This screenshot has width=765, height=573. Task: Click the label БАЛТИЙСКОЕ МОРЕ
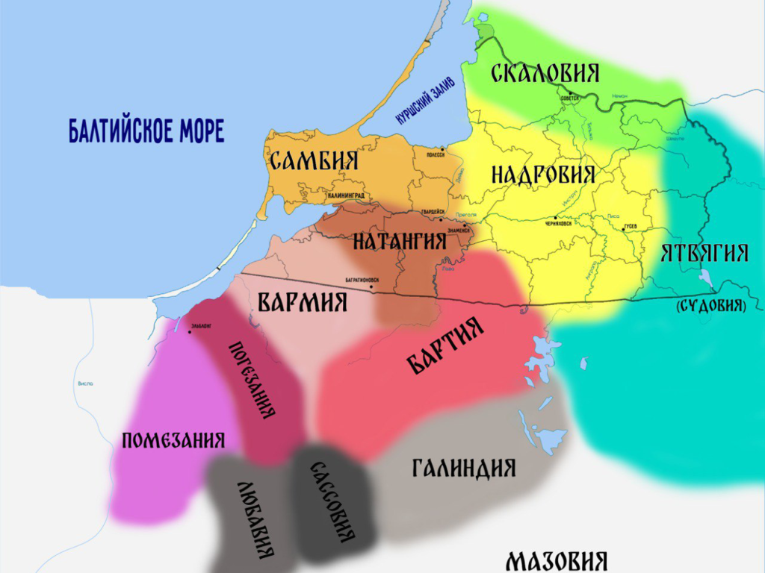click(x=146, y=131)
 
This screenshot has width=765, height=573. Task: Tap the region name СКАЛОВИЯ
click(x=545, y=73)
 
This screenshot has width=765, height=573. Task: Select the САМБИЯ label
click(x=315, y=160)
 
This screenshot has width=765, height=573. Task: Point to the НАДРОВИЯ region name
click(x=543, y=175)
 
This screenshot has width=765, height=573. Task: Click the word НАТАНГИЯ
click(x=399, y=241)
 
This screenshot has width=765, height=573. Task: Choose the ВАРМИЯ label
click(x=303, y=302)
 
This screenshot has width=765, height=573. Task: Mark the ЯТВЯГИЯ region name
click(x=704, y=254)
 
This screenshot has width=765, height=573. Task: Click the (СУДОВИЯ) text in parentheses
click(x=710, y=305)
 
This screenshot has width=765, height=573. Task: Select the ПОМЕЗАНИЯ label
click(x=173, y=440)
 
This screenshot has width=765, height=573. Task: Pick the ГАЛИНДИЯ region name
click(x=464, y=468)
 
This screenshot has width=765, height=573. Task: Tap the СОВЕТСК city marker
click(x=569, y=94)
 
